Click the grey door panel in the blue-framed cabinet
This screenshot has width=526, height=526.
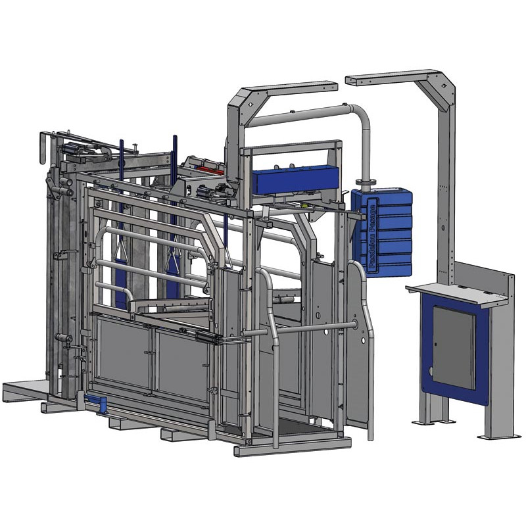point(454,348)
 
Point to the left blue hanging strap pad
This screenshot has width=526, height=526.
point(120,283)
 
